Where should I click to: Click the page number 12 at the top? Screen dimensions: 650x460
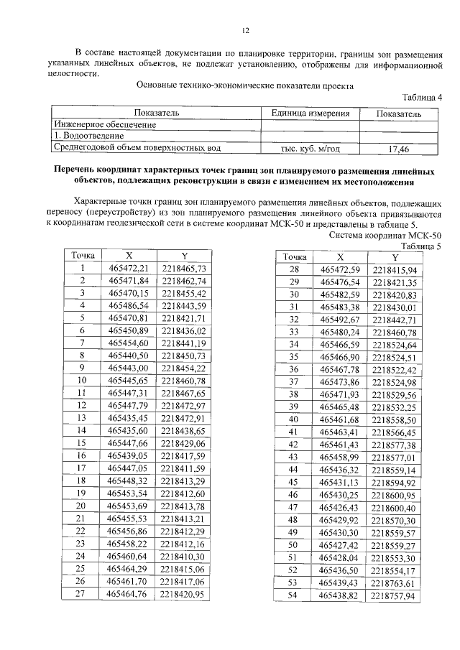(244, 30)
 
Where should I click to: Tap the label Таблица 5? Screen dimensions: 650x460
(421, 245)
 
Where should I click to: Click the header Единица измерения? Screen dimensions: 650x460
(310, 113)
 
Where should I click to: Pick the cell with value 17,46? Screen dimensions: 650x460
(398, 149)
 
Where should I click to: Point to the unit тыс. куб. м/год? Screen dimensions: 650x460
(310, 149)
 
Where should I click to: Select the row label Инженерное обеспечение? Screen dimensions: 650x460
(106, 125)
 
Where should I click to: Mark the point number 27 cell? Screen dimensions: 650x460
(81, 593)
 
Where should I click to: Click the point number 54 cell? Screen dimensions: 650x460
(293, 595)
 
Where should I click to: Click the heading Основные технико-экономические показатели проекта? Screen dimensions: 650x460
(244, 84)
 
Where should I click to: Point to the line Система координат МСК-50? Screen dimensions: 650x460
(385, 235)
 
